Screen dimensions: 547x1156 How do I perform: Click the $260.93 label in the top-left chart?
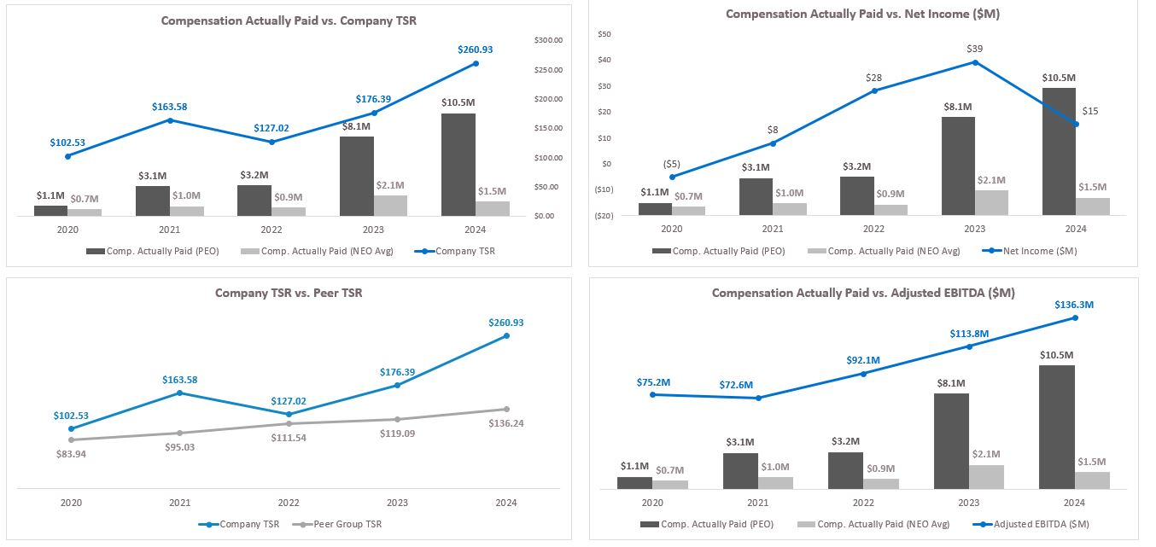click(475, 49)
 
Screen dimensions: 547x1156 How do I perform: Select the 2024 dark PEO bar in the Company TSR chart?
click(458, 164)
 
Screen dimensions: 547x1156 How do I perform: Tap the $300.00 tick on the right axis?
click(548, 40)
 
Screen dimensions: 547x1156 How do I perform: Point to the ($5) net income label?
click(673, 165)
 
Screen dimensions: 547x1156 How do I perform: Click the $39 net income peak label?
click(974, 49)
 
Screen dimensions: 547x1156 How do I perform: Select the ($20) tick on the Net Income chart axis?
click(605, 216)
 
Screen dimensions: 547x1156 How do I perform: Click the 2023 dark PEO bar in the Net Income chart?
click(958, 166)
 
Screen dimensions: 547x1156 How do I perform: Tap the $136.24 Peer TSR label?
click(506, 423)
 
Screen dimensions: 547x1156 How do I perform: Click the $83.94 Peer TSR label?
click(71, 454)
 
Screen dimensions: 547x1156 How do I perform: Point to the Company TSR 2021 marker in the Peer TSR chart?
click(178, 393)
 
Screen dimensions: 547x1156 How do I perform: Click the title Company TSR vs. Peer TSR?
click(289, 293)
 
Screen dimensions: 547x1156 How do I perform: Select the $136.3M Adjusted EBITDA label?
click(1075, 304)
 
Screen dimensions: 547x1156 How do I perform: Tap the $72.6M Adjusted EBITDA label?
click(758, 385)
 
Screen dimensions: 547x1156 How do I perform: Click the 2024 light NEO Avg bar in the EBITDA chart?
click(1092, 480)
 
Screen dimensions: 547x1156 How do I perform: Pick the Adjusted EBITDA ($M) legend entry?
click(1042, 524)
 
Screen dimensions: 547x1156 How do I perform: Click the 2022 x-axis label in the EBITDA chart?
click(863, 503)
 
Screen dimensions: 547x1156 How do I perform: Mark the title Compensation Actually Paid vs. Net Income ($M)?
click(863, 14)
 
